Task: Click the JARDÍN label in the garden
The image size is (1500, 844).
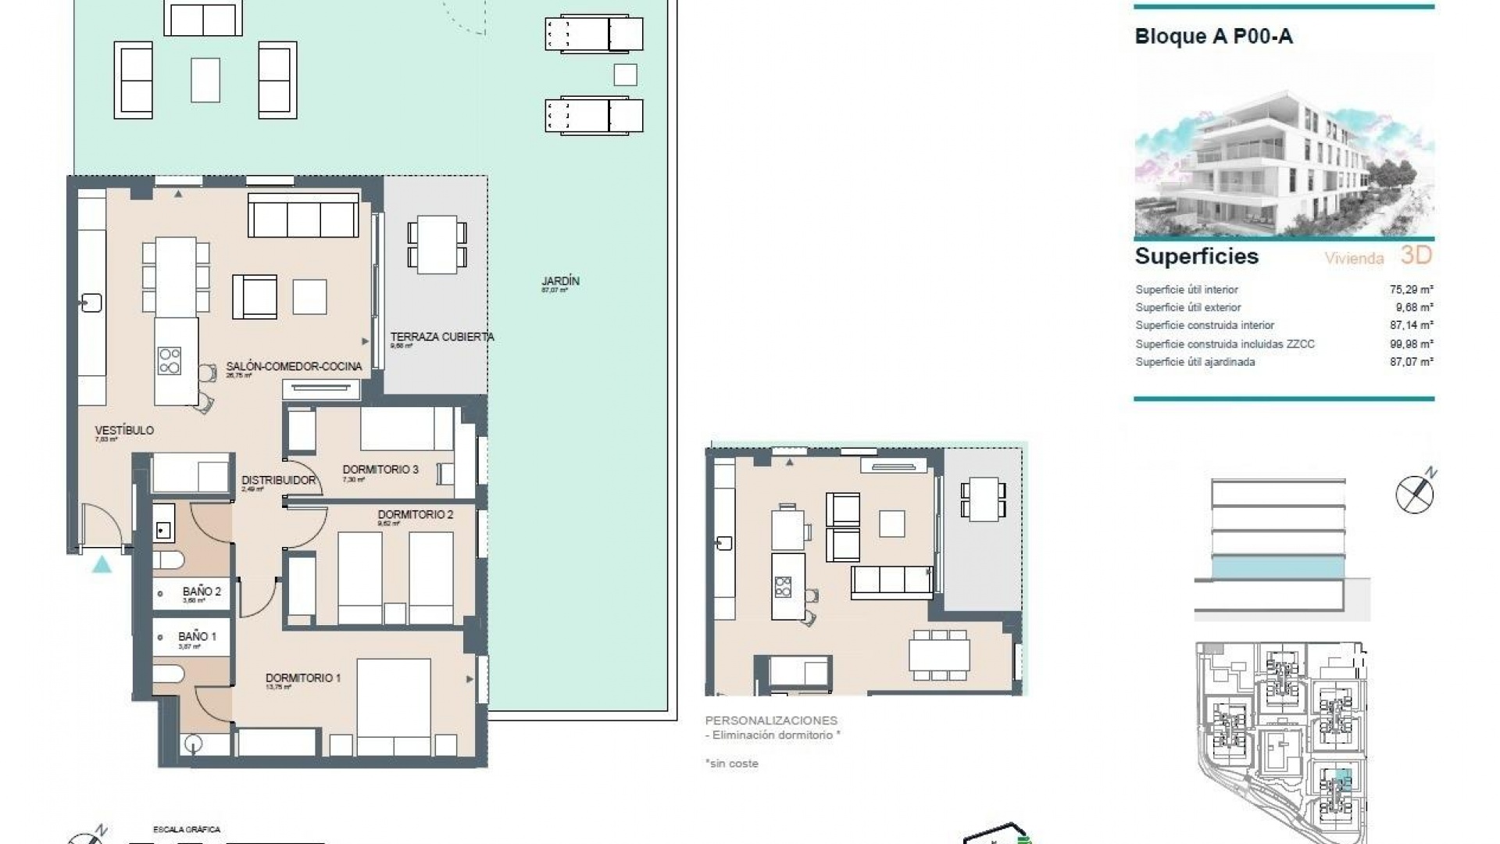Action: point(560,281)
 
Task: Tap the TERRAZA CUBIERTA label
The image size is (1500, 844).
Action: point(441,337)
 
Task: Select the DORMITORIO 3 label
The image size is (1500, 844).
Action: point(380,470)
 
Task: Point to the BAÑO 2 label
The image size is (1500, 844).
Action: point(202,592)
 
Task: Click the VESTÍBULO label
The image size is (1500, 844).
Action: point(124,430)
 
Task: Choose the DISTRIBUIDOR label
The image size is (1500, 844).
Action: point(278,480)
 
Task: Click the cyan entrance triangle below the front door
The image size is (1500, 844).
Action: point(102,564)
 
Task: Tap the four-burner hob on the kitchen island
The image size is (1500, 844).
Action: point(170,361)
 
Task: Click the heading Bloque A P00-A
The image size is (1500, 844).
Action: point(1212,37)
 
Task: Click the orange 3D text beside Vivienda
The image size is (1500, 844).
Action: point(1416,256)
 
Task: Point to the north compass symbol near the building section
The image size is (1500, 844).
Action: point(1415,493)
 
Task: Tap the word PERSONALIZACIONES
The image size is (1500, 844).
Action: point(770,721)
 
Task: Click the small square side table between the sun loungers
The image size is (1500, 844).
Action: point(625,75)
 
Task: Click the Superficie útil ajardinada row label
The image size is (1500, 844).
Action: point(1195,362)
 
